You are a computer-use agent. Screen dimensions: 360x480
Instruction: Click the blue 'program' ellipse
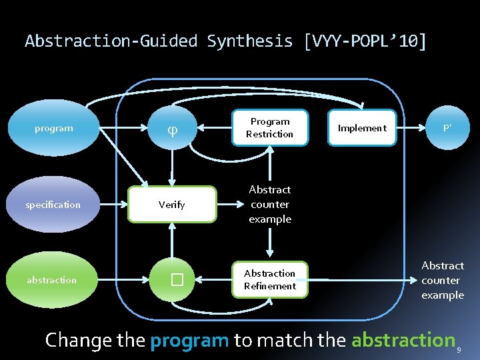(54, 128)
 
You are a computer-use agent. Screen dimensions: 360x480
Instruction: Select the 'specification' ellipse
(53, 205)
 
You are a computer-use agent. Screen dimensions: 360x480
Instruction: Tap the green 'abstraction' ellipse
(52, 280)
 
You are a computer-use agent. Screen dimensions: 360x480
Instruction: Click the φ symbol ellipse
(173, 128)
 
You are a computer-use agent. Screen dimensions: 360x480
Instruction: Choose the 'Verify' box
(172, 205)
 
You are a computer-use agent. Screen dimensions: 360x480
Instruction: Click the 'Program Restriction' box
(269, 128)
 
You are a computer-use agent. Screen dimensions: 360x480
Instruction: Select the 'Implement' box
(362, 128)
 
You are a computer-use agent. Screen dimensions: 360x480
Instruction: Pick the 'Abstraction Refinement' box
(269, 280)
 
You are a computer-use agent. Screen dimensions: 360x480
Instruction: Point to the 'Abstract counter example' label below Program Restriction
(269, 205)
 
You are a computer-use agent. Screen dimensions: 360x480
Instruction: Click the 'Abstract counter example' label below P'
(442, 280)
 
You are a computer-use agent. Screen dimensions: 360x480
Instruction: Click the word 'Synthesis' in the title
(250, 41)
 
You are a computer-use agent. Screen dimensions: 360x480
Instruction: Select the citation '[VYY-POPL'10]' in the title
(365, 41)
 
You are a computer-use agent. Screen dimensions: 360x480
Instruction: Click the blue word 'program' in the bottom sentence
(189, 340)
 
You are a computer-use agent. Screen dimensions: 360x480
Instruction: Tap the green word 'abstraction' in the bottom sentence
(403, 340)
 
